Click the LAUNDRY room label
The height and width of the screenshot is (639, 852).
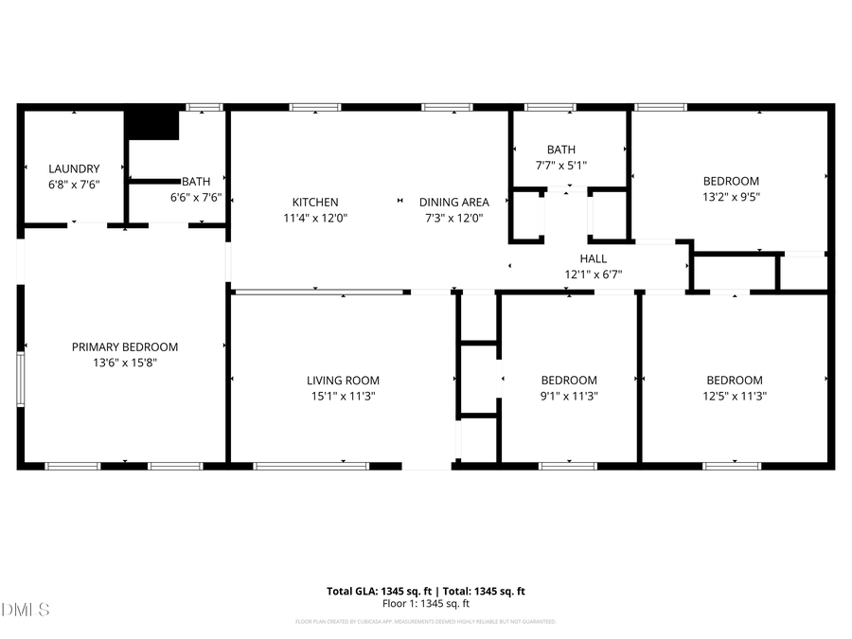tap(74, 169)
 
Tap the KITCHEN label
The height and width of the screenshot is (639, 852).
tap(314, 203)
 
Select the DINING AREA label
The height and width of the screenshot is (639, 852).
tap(453, 203)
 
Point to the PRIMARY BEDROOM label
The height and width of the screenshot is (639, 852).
tap(124, 347)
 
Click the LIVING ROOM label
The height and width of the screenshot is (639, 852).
tap(342, 381)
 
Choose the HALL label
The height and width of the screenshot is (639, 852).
tap(594, 258)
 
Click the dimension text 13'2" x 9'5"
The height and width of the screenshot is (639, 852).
tap(730, 197)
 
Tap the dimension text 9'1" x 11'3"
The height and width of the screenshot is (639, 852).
tap(569, 397)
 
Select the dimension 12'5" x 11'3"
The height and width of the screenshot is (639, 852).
tap(735, 397)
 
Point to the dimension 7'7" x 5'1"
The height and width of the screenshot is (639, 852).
tap(560, 166)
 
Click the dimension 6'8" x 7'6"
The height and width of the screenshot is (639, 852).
tap(74, 186)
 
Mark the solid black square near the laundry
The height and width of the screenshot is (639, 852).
tap(152, 125)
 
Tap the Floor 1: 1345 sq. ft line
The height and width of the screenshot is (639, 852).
tap(425, 603)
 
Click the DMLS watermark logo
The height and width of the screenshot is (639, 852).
tap(26, 608)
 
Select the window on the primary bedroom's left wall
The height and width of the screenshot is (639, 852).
tap(21, 380)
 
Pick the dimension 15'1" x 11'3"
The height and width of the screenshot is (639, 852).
tap(342, 397)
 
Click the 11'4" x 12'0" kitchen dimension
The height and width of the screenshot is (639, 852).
tap(314, 218)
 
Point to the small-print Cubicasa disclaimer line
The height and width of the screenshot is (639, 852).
tap(425, 622)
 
